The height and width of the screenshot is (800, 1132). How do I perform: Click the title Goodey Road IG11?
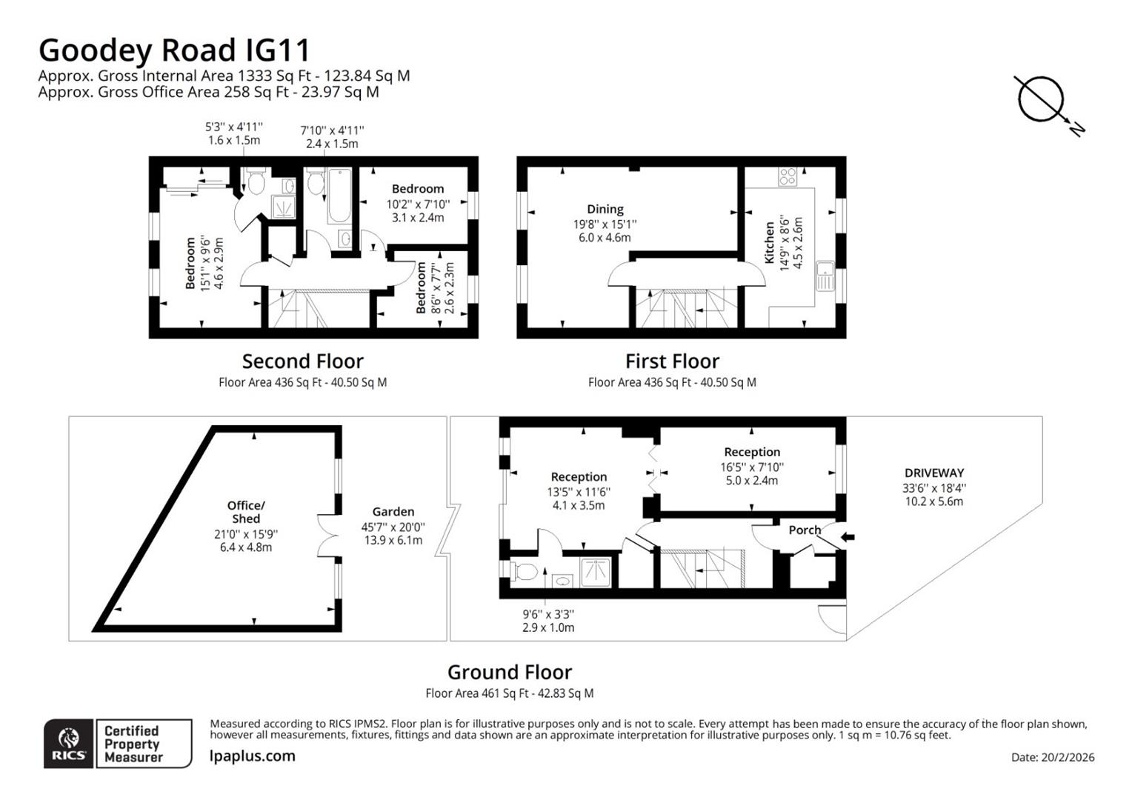(x=174, y=50)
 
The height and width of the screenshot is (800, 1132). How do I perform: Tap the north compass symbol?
(x=1041, y=100)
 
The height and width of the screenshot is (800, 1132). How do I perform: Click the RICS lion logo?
(x=68, y=743)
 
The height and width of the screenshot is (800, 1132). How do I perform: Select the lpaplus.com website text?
(x=253, y=756)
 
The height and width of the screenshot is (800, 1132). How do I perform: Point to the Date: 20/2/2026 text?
(x=1052, y=757)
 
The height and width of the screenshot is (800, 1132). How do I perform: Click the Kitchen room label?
(x=770, y=243)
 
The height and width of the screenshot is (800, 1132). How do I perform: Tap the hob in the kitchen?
(x=788, y=177)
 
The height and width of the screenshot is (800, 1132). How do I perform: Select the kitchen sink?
(x=825, y=276)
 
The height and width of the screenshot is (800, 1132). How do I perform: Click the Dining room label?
(x=605, y=210)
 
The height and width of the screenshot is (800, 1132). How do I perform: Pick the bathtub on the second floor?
(x=340, y=196)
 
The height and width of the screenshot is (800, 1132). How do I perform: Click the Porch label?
(x=805, y=530)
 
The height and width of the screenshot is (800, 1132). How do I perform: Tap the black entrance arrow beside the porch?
(x=848, y=537)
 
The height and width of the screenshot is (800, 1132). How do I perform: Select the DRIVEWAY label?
(x=933, y=473)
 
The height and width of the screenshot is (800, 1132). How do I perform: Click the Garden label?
(x=393, y=512)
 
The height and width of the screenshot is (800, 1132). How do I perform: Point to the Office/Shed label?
(x=246, y=512)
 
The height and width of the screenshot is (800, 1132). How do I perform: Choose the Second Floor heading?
(x=302, y=361)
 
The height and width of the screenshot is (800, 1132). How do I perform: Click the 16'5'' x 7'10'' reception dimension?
(x=751, y=467)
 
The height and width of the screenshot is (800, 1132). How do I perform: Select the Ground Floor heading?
(x=509, y=673)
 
